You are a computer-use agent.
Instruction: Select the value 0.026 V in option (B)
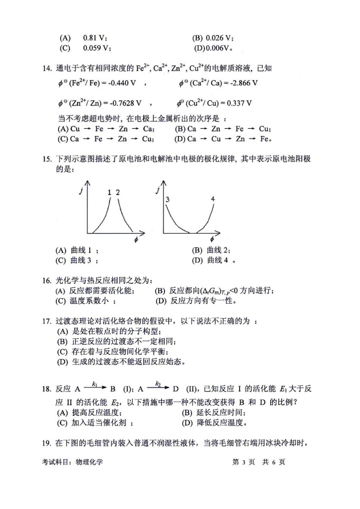[x=219, y=38]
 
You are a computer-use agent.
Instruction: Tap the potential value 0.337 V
[x=239, y=103]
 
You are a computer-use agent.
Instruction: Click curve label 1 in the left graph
[x=109, y=192]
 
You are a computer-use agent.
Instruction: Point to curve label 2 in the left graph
[x=118, y=192]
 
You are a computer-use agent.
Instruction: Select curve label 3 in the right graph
[x=168, y=199]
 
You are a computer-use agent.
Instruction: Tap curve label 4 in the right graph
[x=213, y=199]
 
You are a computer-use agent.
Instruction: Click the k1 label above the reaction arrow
[x=95, y=384]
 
